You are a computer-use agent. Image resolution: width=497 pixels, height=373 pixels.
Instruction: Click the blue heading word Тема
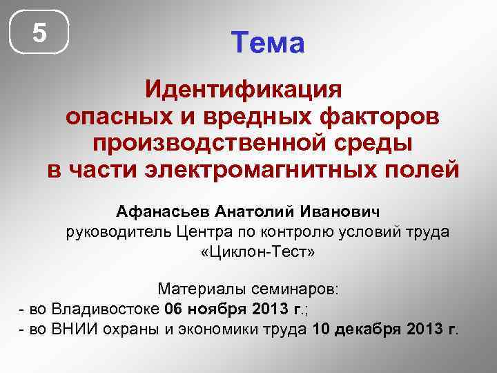pyautogui.click(x=268, y=44)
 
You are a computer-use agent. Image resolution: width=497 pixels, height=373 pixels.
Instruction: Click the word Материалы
pyautogui.click(x=200, y=287)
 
